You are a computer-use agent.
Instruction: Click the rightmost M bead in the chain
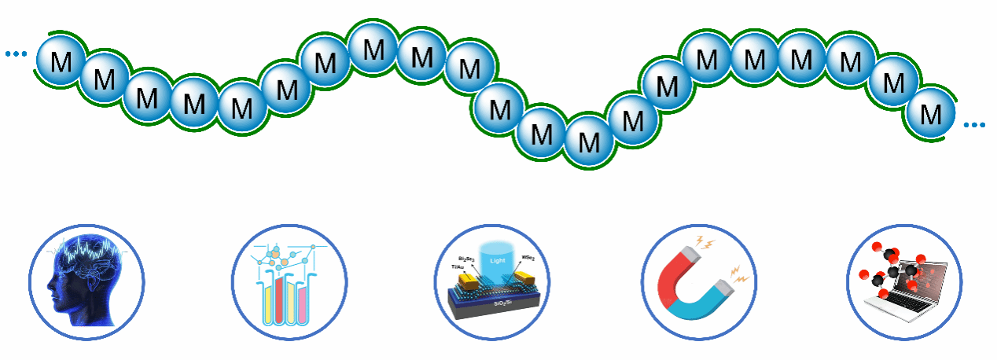[931, 115]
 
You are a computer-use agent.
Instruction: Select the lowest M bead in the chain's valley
[588, 142]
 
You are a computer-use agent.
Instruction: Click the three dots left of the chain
[16, 53]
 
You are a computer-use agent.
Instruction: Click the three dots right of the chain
[974, 125]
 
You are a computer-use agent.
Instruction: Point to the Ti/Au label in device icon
[458, 267]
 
